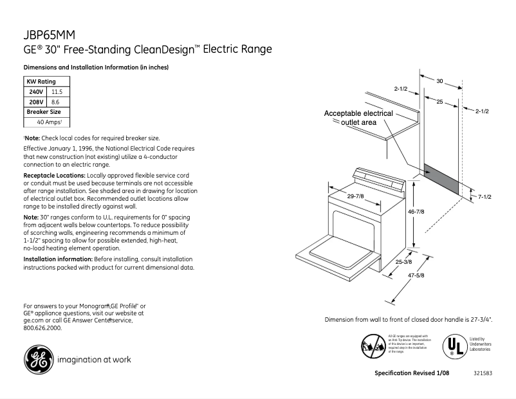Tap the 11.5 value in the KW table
[x=57, y=92]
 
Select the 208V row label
[x=35, y=102]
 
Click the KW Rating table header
[x=41, y=82]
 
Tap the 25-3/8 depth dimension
[x=403, y=262]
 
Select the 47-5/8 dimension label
[x=418, y=276]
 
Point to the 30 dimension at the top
[x=440, y=81]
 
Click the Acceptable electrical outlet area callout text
[x=358, y=118]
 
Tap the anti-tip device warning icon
[x=373, y=347]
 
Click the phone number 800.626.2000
[x=42, y=328]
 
